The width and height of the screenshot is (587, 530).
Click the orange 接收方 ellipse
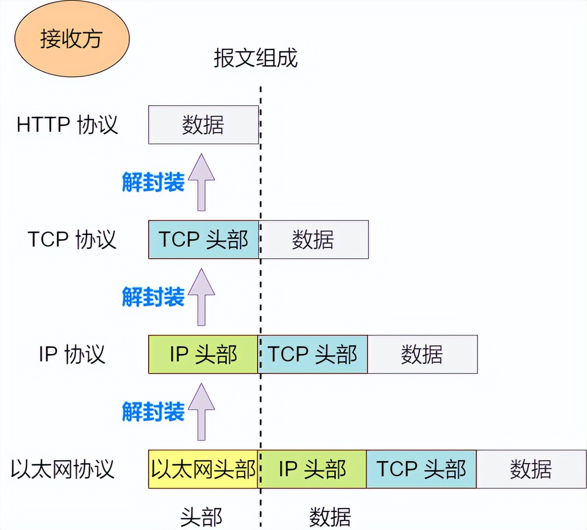pyautogui.click(x=72, y=39)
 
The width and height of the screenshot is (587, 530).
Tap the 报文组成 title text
pyautogui.click(x=255, y=58)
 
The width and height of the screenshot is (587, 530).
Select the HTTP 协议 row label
pyautogui.click(x=67, y=125)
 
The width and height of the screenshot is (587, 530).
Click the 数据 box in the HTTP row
pyautogui.click(x=203, y=125)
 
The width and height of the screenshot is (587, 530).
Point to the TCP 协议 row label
pyautogui.click(x=72, y=240)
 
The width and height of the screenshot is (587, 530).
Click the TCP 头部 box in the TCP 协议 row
pyautogui.click(x=203, y=240)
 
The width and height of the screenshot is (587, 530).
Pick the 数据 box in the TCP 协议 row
pyautogui.click(x=314, y=240)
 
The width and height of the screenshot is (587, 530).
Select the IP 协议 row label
pyautogui.click(x=72, y=354)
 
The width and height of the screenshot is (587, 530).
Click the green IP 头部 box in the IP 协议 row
pyautogui.click(x=203, y=354)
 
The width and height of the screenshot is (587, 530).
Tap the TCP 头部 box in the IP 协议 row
pyautogui.click(x=313, y=354)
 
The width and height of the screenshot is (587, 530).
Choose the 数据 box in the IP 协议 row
pyautogui.click(x=423, y=354)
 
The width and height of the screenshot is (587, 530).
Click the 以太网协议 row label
pyautogui.click(x=62, y=469)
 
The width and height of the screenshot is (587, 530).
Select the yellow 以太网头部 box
pyautogui.click(x=203, y=469)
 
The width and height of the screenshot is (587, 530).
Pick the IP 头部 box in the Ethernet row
pyautogui.click(x=312, y=469)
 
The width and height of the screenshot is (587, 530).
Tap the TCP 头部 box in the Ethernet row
pyautogui.click(x=422, y=469)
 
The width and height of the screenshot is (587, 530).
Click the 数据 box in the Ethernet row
pyautogui.click(x=532, y=469)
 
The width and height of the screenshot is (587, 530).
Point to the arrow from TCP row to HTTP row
pyautogui.click(x=201, y=182)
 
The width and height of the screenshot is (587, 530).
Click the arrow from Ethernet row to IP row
pyautogui.click(x=201, y=412)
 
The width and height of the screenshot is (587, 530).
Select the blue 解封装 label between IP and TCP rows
pyautogui.click(x=153, y=297)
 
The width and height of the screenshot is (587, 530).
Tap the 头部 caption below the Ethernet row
pyautogui.click(x=201, y=517)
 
